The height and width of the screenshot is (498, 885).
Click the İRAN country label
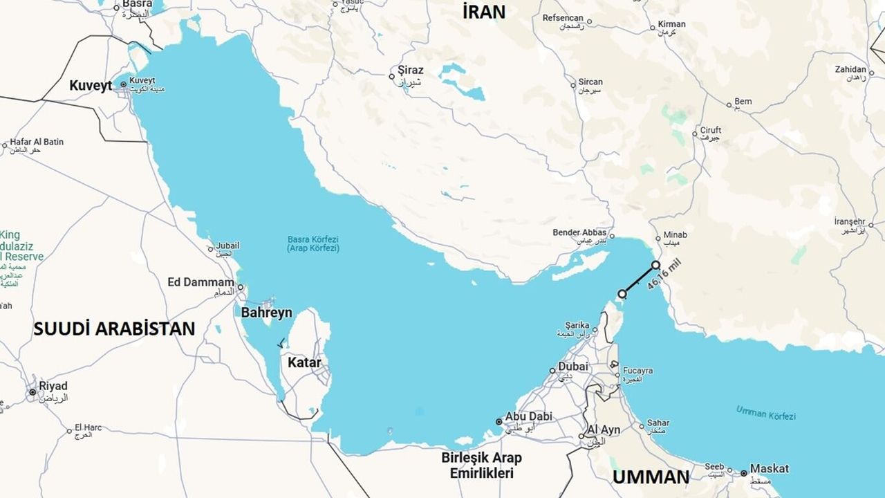tap(484, 12)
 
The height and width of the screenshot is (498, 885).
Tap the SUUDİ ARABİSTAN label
tap(114, 329)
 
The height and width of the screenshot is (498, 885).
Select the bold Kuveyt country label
tap(91, 86)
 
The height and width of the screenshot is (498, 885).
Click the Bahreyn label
tap(266, 313)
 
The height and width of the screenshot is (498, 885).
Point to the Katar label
tap(304, 362)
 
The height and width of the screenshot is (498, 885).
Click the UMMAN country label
tap(651, 477)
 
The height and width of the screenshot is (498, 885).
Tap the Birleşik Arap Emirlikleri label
tap(481, 465)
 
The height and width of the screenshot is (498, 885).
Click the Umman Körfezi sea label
tap(765, 413)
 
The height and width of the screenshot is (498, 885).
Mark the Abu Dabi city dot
tap(499, 421)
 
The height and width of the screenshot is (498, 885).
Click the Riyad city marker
tap(32, 392)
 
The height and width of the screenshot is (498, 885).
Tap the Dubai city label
tap(573, 367)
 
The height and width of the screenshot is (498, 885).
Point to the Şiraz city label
tap(411, 71)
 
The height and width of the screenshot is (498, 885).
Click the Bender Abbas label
tap(579, 232)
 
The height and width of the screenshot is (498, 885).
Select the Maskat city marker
tap(743, 474)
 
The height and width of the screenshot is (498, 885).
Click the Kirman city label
tap(671, 24)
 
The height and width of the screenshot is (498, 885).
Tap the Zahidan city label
tap(850, 69)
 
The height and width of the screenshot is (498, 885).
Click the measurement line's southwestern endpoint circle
tap(622, 294)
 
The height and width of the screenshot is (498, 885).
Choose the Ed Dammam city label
tap(201, 282)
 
